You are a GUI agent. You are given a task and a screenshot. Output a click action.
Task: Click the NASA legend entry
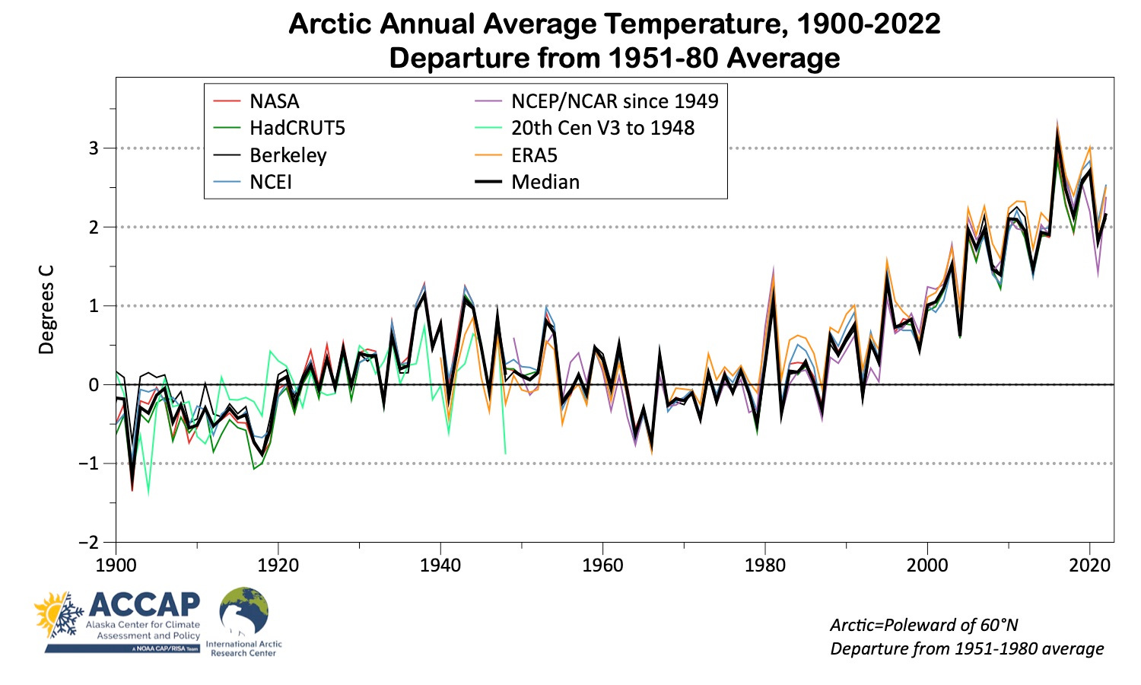coord(274,101)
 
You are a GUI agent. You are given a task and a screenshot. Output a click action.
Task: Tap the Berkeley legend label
coord(288,155)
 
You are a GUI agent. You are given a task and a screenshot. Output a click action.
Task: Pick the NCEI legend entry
coord(270,182)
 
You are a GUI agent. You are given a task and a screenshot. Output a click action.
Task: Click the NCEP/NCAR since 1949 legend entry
coord(614,101)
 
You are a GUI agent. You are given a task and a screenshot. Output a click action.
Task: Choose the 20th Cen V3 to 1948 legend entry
coord(602,128)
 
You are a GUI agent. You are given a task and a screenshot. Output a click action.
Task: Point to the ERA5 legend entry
coord(534,155)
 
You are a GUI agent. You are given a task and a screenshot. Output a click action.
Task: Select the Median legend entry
coord(545,182)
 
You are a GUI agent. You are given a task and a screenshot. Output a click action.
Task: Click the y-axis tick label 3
coord(94,148)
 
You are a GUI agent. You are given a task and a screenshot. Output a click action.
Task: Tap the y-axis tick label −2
coord(90,543)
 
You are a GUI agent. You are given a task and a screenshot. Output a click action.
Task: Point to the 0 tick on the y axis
coord(94,384)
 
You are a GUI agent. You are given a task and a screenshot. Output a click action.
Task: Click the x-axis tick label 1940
coord(440,565)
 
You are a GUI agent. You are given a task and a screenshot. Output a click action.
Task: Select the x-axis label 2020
coord(1090,565)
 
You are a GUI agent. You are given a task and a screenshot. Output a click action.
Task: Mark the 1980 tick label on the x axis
coord(765,565)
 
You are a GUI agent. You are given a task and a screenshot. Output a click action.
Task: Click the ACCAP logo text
coord(144,605)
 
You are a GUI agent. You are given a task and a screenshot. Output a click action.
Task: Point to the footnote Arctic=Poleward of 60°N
coord(923,625)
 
